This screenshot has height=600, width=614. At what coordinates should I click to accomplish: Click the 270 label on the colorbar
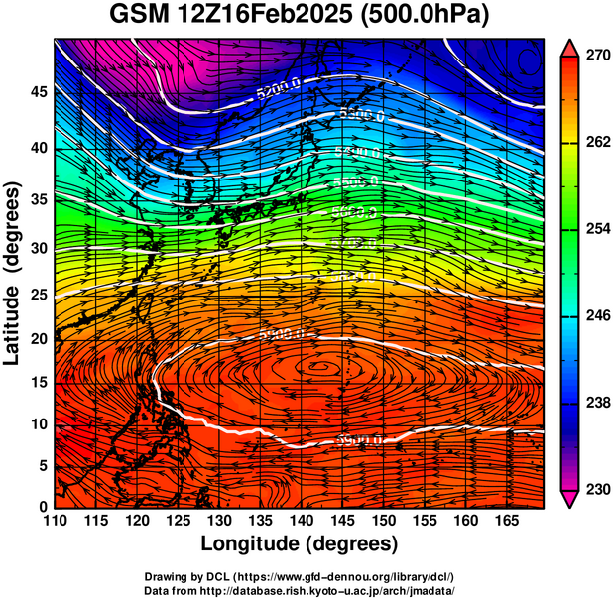click(x=595, y=56)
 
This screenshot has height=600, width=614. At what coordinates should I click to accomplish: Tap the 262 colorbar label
click(x=595, y=142)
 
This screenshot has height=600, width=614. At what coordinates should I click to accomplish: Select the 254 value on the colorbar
click(x=595, y=228)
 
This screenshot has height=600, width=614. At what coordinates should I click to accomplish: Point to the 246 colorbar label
click(x=595, y=315)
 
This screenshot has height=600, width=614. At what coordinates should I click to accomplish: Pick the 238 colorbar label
click(x=595, y=403)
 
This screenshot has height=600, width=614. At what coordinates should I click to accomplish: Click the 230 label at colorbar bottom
click(x=595, y=489)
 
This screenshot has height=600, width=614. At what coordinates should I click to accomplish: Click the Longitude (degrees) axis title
click(x=300, y=543)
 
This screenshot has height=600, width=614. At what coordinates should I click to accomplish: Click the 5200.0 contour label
click(x=278, y=91)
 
